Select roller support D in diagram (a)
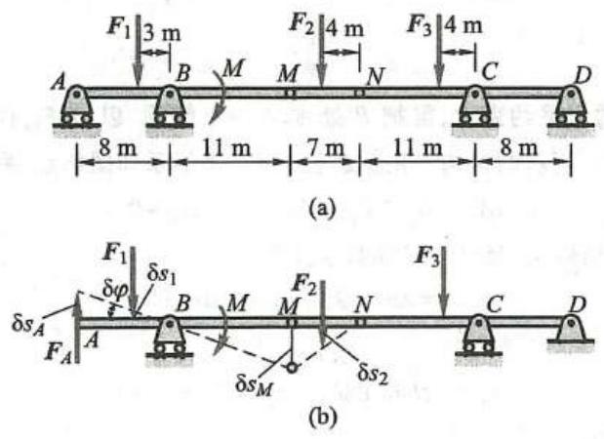(570, 105)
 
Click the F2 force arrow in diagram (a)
(322, 59)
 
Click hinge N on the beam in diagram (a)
(359, 93)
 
